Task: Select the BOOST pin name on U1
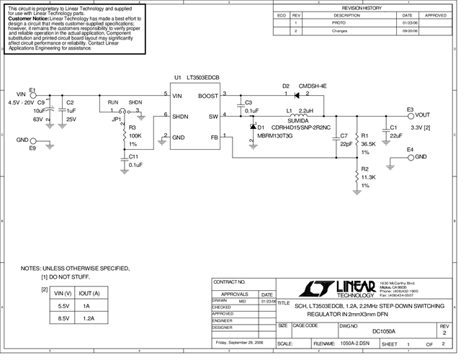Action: coord(209,95)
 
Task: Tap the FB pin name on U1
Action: coord(214,137)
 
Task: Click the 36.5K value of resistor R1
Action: coord(368,143)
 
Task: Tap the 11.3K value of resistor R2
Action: coord(368,176)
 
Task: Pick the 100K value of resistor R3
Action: coord(135,135)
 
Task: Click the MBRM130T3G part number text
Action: coord(274,135)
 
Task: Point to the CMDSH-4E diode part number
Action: coord(313,86)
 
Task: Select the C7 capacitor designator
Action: coord(344,135)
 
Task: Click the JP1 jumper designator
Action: coord(117,120)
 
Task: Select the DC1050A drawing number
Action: coord(383,331)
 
